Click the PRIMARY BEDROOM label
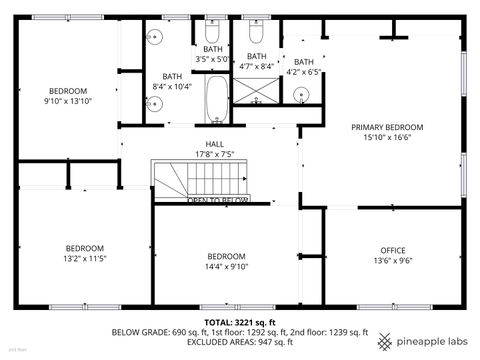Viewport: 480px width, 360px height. click(386, 127)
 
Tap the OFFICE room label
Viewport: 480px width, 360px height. click(392, 250)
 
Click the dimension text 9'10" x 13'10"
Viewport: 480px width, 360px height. click(67, 101)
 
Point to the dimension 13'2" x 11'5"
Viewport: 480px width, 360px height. click(85, 259)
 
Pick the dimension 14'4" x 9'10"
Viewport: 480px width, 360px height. click(226, 266)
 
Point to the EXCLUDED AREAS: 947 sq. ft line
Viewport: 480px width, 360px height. click(240, 342)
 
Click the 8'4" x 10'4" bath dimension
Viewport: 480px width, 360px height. click(173, 87)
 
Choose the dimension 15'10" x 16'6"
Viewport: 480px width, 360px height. click(386, 139)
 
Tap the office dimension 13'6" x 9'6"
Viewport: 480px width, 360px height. click(392, 261)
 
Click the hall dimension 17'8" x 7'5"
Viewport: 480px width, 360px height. click(214, 155)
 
